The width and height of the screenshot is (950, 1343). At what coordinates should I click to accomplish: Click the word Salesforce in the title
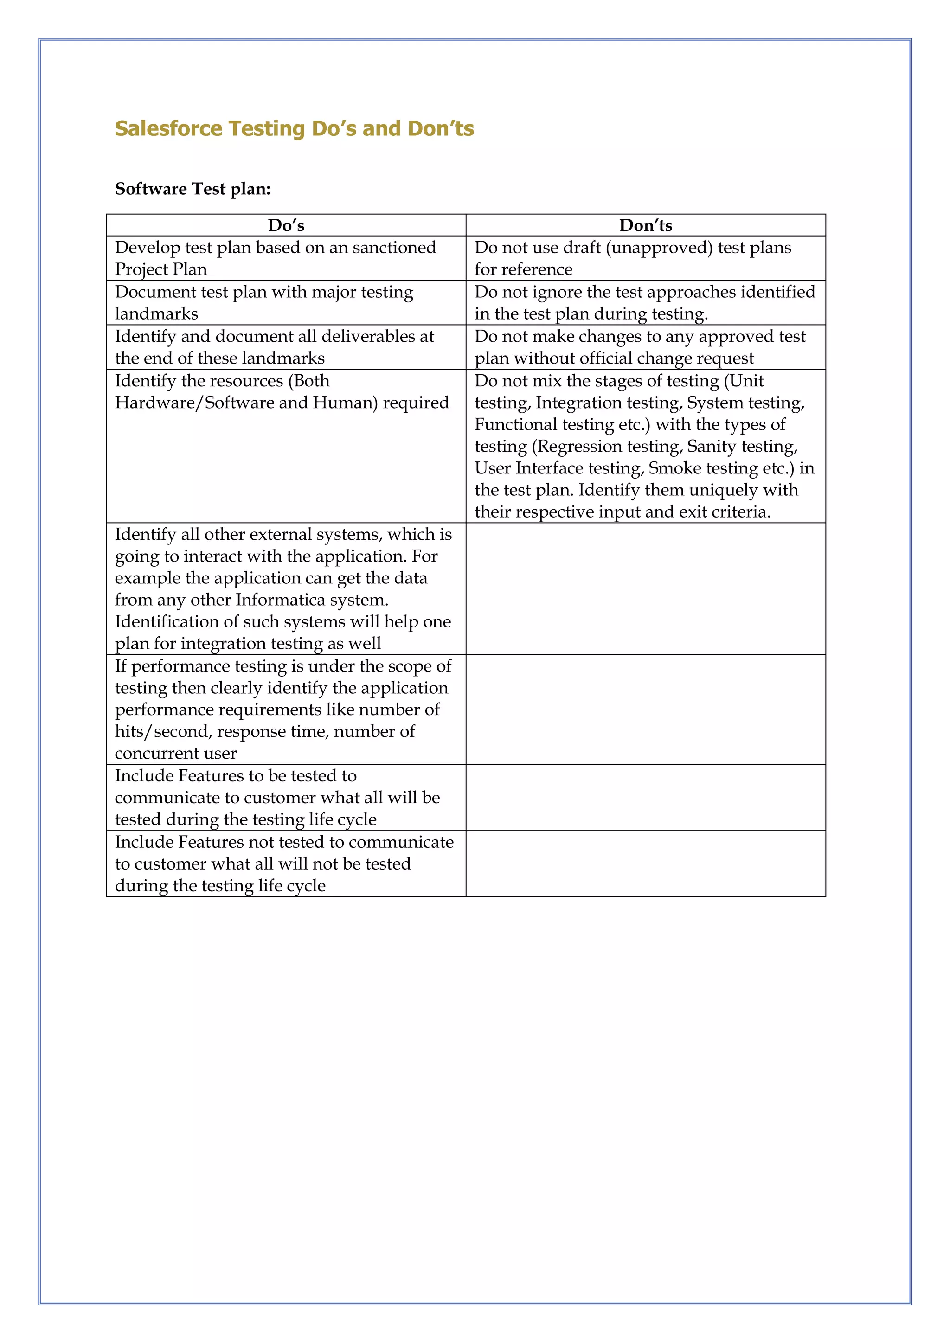pos(168,128)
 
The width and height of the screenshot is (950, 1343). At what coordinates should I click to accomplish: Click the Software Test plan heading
pos(193,189)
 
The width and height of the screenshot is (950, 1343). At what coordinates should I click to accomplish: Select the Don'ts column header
pos(645,225)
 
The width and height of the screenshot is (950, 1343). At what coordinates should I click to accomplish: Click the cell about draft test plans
pos(645,258)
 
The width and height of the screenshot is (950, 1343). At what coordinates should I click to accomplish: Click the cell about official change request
pos(645,347)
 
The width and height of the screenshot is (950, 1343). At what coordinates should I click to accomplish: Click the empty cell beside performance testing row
pos(645,709)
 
